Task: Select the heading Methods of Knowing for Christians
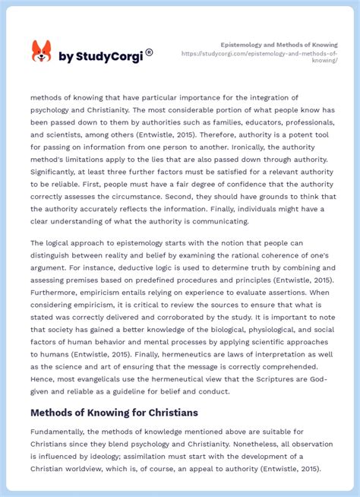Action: point(114,413)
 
